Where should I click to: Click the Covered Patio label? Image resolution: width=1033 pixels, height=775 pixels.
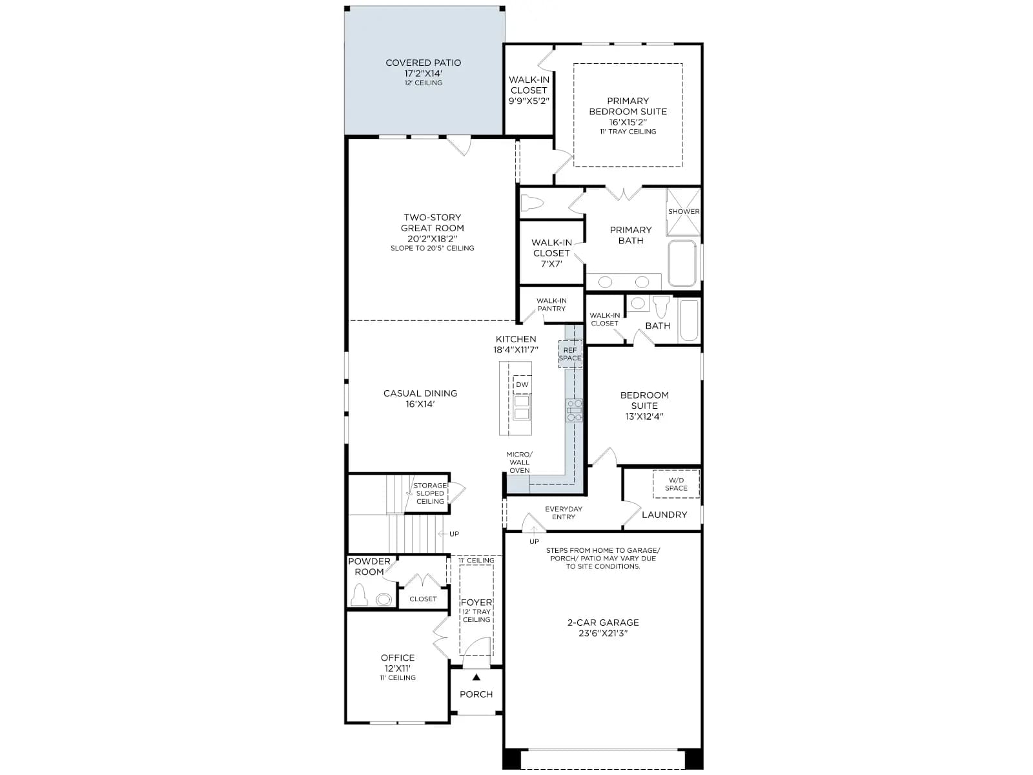click(423, 63)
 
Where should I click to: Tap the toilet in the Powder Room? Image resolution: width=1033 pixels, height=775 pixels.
click(360, 595)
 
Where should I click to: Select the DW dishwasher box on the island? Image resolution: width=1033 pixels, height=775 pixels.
click(522, 384)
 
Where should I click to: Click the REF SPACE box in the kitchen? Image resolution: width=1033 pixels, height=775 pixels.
click(570, 355)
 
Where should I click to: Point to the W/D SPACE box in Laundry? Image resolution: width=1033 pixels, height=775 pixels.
click(676, 484)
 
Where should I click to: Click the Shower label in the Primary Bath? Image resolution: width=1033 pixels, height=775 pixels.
click(683, 212)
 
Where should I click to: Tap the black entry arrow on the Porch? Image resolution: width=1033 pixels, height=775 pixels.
click(476, 677)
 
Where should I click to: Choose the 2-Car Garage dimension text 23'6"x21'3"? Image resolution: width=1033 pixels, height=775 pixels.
click(603, 634)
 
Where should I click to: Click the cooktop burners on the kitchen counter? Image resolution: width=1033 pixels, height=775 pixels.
click(574, 410)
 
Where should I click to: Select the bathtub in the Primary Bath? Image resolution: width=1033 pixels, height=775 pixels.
click(682, 263)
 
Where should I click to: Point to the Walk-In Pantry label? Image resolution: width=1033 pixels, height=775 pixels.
click(551, 304)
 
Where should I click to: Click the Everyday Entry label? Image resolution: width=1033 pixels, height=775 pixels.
click(564, 513)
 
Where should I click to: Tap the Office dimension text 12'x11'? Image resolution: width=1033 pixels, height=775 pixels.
click(398, 668)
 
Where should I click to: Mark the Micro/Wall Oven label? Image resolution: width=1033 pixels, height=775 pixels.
click(519, 462)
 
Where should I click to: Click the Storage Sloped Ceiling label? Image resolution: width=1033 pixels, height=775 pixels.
click(430, 493)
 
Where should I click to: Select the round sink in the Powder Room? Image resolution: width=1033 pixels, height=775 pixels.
click(384, 599)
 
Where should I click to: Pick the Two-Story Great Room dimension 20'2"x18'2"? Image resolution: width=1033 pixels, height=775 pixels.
click(432, 238)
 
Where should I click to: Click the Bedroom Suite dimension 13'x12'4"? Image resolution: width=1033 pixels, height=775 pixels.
click(644, 417)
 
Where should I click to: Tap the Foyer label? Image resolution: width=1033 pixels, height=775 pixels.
click(476, 603)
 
